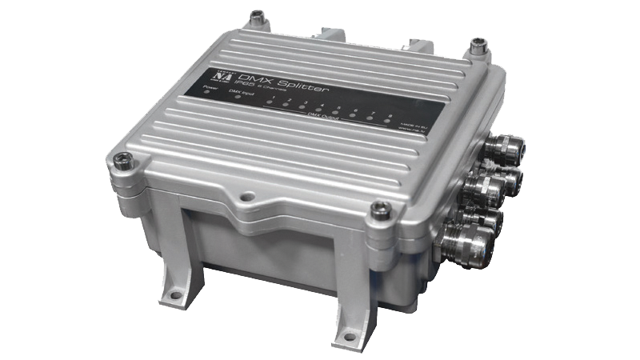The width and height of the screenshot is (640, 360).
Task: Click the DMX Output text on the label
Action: (323, 118)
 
